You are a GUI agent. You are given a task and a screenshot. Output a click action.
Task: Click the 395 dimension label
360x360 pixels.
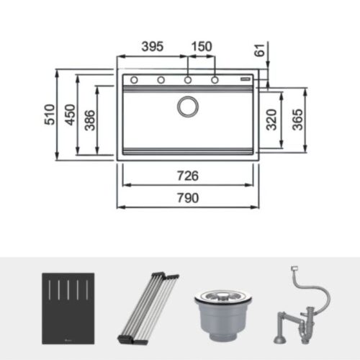click(x=152, y=46)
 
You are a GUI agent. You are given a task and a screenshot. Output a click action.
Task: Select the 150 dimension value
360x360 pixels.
click(x=202, y=46)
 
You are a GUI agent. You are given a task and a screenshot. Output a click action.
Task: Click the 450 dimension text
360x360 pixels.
click(x=70, y=114)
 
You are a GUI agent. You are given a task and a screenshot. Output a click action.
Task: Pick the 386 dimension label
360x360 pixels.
click(x=89, y=120)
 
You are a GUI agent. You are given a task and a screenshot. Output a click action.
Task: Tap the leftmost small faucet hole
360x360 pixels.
click(x=134, y=79)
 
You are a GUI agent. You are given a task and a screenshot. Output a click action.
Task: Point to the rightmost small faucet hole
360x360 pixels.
click(x=215, y=79)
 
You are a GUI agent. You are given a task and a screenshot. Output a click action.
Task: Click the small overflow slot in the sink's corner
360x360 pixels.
click(x=244, y=77)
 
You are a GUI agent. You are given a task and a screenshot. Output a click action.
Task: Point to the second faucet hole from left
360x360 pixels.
click(x=161, y=79)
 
